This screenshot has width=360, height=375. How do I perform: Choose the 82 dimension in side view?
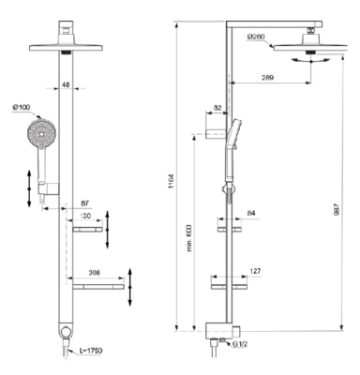coord(217,110)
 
